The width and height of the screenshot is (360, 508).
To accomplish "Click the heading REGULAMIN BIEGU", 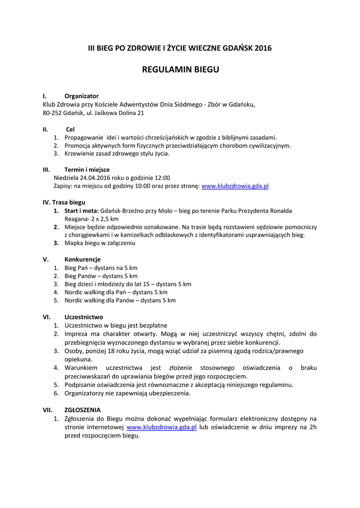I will [180, 69].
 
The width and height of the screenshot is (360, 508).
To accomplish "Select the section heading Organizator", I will [81, 96].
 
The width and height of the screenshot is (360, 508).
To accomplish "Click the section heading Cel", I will [70, 129].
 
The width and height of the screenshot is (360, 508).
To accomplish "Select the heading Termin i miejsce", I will [87, 169].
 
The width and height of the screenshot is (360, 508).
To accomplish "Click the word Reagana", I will [77, 219].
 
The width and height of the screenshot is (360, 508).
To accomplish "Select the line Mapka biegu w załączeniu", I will [100, 243].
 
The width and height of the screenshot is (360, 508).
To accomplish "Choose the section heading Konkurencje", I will [82, 259].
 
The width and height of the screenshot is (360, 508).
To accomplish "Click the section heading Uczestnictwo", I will [83, 317].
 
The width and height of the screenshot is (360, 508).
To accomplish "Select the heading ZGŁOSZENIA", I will [82, 410].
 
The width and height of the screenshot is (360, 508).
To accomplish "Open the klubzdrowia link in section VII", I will [162, 427].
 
